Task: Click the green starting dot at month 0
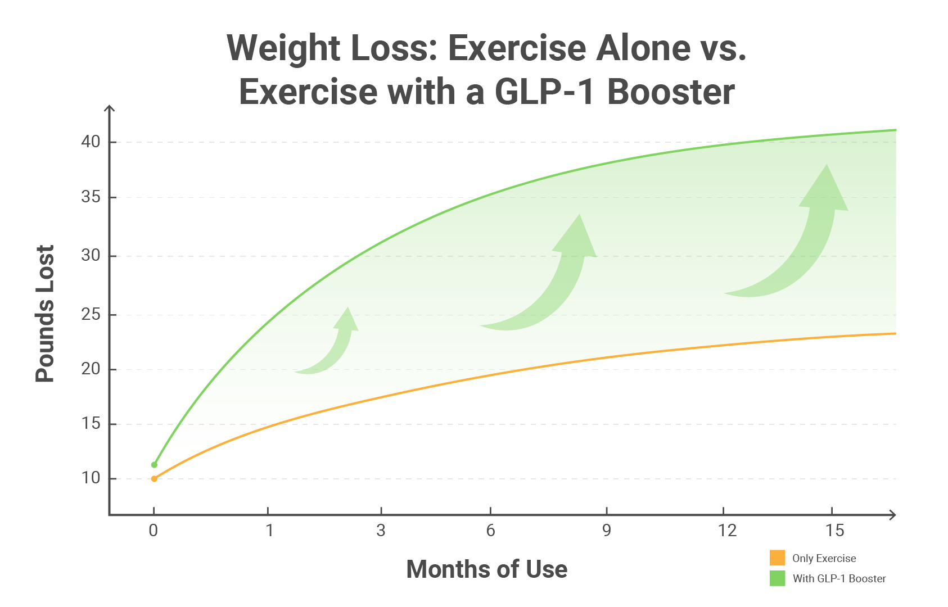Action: pos(154,465)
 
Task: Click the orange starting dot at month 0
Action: pos(154,479)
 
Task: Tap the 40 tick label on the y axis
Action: pos(91,142)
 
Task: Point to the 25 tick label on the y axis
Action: pos(91,314)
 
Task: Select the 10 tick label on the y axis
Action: pos(91,478)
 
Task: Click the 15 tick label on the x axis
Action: pos(835,530)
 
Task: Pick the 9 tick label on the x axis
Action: pos(606,530)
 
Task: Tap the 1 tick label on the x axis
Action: pos(269,530)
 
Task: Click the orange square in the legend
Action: pos(777,558)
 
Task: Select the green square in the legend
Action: pos(777,578)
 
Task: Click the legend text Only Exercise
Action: pos(824,559)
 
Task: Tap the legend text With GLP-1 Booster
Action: pos(839,579)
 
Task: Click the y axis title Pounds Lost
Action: pos(45,314)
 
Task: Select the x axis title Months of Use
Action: pos(486,569)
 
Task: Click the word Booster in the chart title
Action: pos(671,92)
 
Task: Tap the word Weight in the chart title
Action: pos(282,48)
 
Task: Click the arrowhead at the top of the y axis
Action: pos(110,108)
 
